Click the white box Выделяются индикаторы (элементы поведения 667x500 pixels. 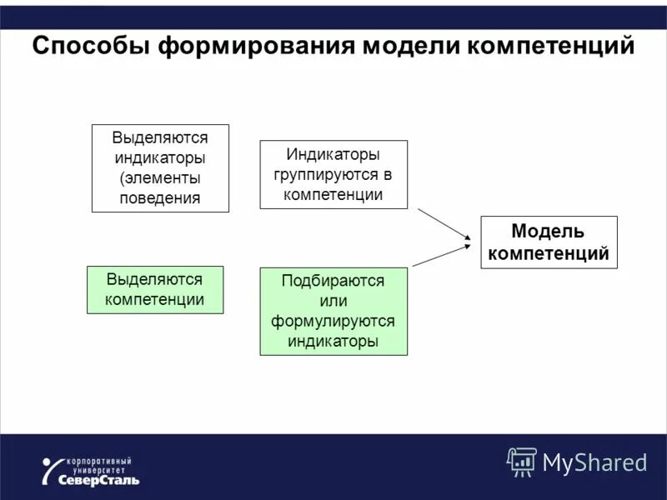(x=160, y=168)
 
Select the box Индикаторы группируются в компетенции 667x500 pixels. (x=333, y=174)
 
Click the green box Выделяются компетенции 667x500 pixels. (x=155, y=289)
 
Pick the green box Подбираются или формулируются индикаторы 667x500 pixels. (x=333, y=311)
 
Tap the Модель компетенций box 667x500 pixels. (x=549, y=242)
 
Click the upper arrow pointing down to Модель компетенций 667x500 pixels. (x=444, y=223)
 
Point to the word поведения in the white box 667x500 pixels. (x=160, y=198)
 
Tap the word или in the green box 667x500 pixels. (x=333, y=301)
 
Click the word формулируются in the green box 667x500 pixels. (x=333, y=321)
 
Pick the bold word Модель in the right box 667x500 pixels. (x=548, y=231)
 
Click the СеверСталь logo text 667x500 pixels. (x=99, y=479)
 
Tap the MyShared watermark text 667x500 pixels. (x=594, y=462)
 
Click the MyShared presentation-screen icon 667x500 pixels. (x=522, y=461)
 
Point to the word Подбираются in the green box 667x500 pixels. (x=333, y=281)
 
